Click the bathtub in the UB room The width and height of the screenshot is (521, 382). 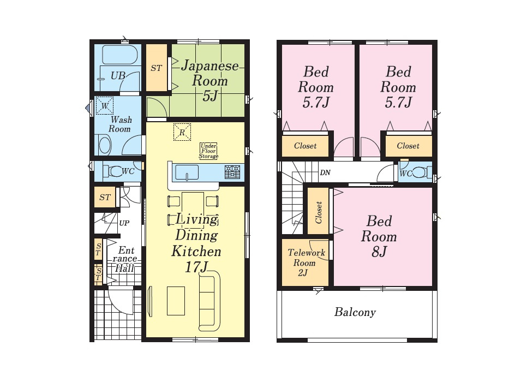119,55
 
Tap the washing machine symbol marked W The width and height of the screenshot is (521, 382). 105,106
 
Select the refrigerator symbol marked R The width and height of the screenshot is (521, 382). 182,132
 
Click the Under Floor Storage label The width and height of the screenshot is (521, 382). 208,151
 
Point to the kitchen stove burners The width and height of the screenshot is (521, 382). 232,172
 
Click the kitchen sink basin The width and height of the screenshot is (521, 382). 187,172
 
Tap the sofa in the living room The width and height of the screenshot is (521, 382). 209,301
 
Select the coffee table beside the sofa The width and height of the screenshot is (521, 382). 176,301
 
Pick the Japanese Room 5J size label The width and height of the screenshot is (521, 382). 210,96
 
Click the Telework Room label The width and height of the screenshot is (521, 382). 306,258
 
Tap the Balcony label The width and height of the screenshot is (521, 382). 355,312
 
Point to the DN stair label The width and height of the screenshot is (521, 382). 325,172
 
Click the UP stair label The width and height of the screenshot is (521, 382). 124,223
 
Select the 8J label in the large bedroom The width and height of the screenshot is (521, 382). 379,252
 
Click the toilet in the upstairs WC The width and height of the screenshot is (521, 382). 420,172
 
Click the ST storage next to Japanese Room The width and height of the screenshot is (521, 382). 156,68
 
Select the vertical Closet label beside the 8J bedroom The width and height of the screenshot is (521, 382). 318,212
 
